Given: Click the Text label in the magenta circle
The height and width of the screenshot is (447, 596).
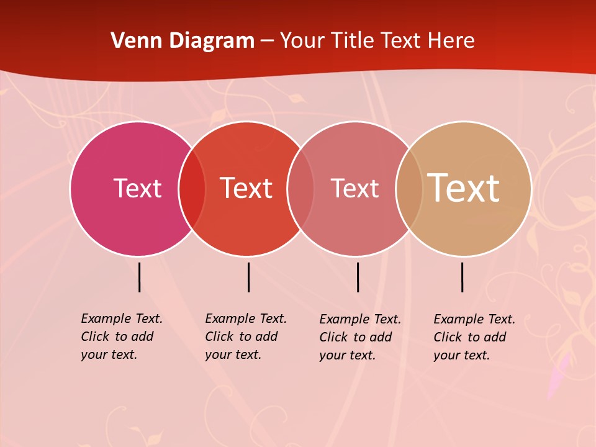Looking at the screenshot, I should pos(137,188).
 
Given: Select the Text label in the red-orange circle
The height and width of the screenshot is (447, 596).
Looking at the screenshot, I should pos(246,188).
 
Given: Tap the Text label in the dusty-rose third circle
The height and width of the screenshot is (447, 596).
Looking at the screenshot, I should pos(354,188).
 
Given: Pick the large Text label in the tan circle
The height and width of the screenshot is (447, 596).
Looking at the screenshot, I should pos(464,188).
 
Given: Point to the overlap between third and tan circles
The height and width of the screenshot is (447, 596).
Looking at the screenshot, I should pos(409,188).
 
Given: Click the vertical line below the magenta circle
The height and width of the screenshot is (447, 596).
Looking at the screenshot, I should pos(139,277).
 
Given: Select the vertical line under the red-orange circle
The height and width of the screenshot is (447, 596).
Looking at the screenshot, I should pos(248,277).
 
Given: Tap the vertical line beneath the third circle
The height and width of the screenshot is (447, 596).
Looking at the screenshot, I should pos(358,277).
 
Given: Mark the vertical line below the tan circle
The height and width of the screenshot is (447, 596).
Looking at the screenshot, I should pos(462,277).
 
